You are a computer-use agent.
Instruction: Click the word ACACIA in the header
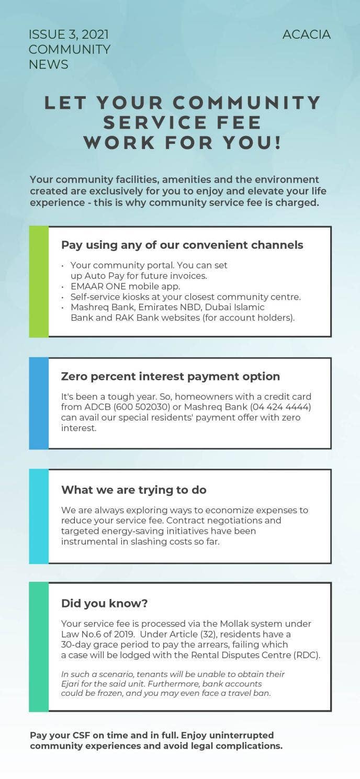click(306, 35)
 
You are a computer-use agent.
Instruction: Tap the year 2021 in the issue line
click(95, 35)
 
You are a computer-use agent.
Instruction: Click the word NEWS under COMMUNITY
click(48, 64)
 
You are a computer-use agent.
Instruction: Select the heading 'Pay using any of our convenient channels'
click(182, 245)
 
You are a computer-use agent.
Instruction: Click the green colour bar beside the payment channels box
click(39, 281)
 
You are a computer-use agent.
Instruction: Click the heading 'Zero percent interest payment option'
click(171, 376)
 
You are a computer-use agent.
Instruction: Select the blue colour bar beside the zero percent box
click(39, 403)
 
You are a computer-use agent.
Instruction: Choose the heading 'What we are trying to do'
click(134, 490)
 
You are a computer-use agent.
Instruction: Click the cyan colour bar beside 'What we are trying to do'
click(39, 516)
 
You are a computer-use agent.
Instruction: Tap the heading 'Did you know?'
click(105, 603)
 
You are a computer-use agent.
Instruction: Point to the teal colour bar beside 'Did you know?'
click(39, 647)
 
